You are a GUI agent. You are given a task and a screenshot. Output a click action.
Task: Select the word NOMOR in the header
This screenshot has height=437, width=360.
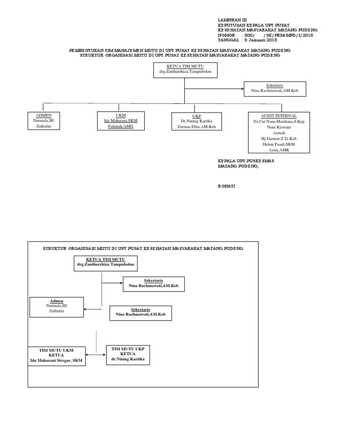pos(226,35)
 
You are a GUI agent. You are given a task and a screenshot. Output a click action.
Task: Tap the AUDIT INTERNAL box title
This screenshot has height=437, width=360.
pos(279,115)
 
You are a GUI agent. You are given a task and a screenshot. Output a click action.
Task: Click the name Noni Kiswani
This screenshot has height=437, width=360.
pos(279,127)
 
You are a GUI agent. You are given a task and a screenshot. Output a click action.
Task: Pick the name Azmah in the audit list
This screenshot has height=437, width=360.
pos(279,133)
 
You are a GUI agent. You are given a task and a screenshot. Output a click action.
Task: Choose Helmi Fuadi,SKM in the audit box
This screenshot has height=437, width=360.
pos(279,144)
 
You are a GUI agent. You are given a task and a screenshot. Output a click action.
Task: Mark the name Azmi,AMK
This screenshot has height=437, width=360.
pos(279,150)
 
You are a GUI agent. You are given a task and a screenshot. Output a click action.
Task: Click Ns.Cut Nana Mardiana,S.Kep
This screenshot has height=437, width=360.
pos(279,121)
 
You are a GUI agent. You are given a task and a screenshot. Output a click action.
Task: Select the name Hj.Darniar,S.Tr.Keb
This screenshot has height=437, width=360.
pos(279,139)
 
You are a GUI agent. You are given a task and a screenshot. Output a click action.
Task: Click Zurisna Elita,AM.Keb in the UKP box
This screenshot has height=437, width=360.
pos(196,127)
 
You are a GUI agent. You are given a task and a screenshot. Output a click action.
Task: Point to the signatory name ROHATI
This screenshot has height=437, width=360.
pos(227,186)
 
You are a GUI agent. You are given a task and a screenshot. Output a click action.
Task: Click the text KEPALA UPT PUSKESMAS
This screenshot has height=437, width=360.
pos(246,161)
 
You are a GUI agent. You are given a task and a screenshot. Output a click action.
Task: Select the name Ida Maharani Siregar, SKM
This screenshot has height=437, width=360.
pos(56,360)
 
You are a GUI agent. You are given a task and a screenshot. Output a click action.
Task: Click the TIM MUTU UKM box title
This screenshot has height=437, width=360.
pos(56,350)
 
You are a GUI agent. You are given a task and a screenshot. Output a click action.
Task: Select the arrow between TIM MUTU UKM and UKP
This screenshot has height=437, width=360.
pos(96,354)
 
